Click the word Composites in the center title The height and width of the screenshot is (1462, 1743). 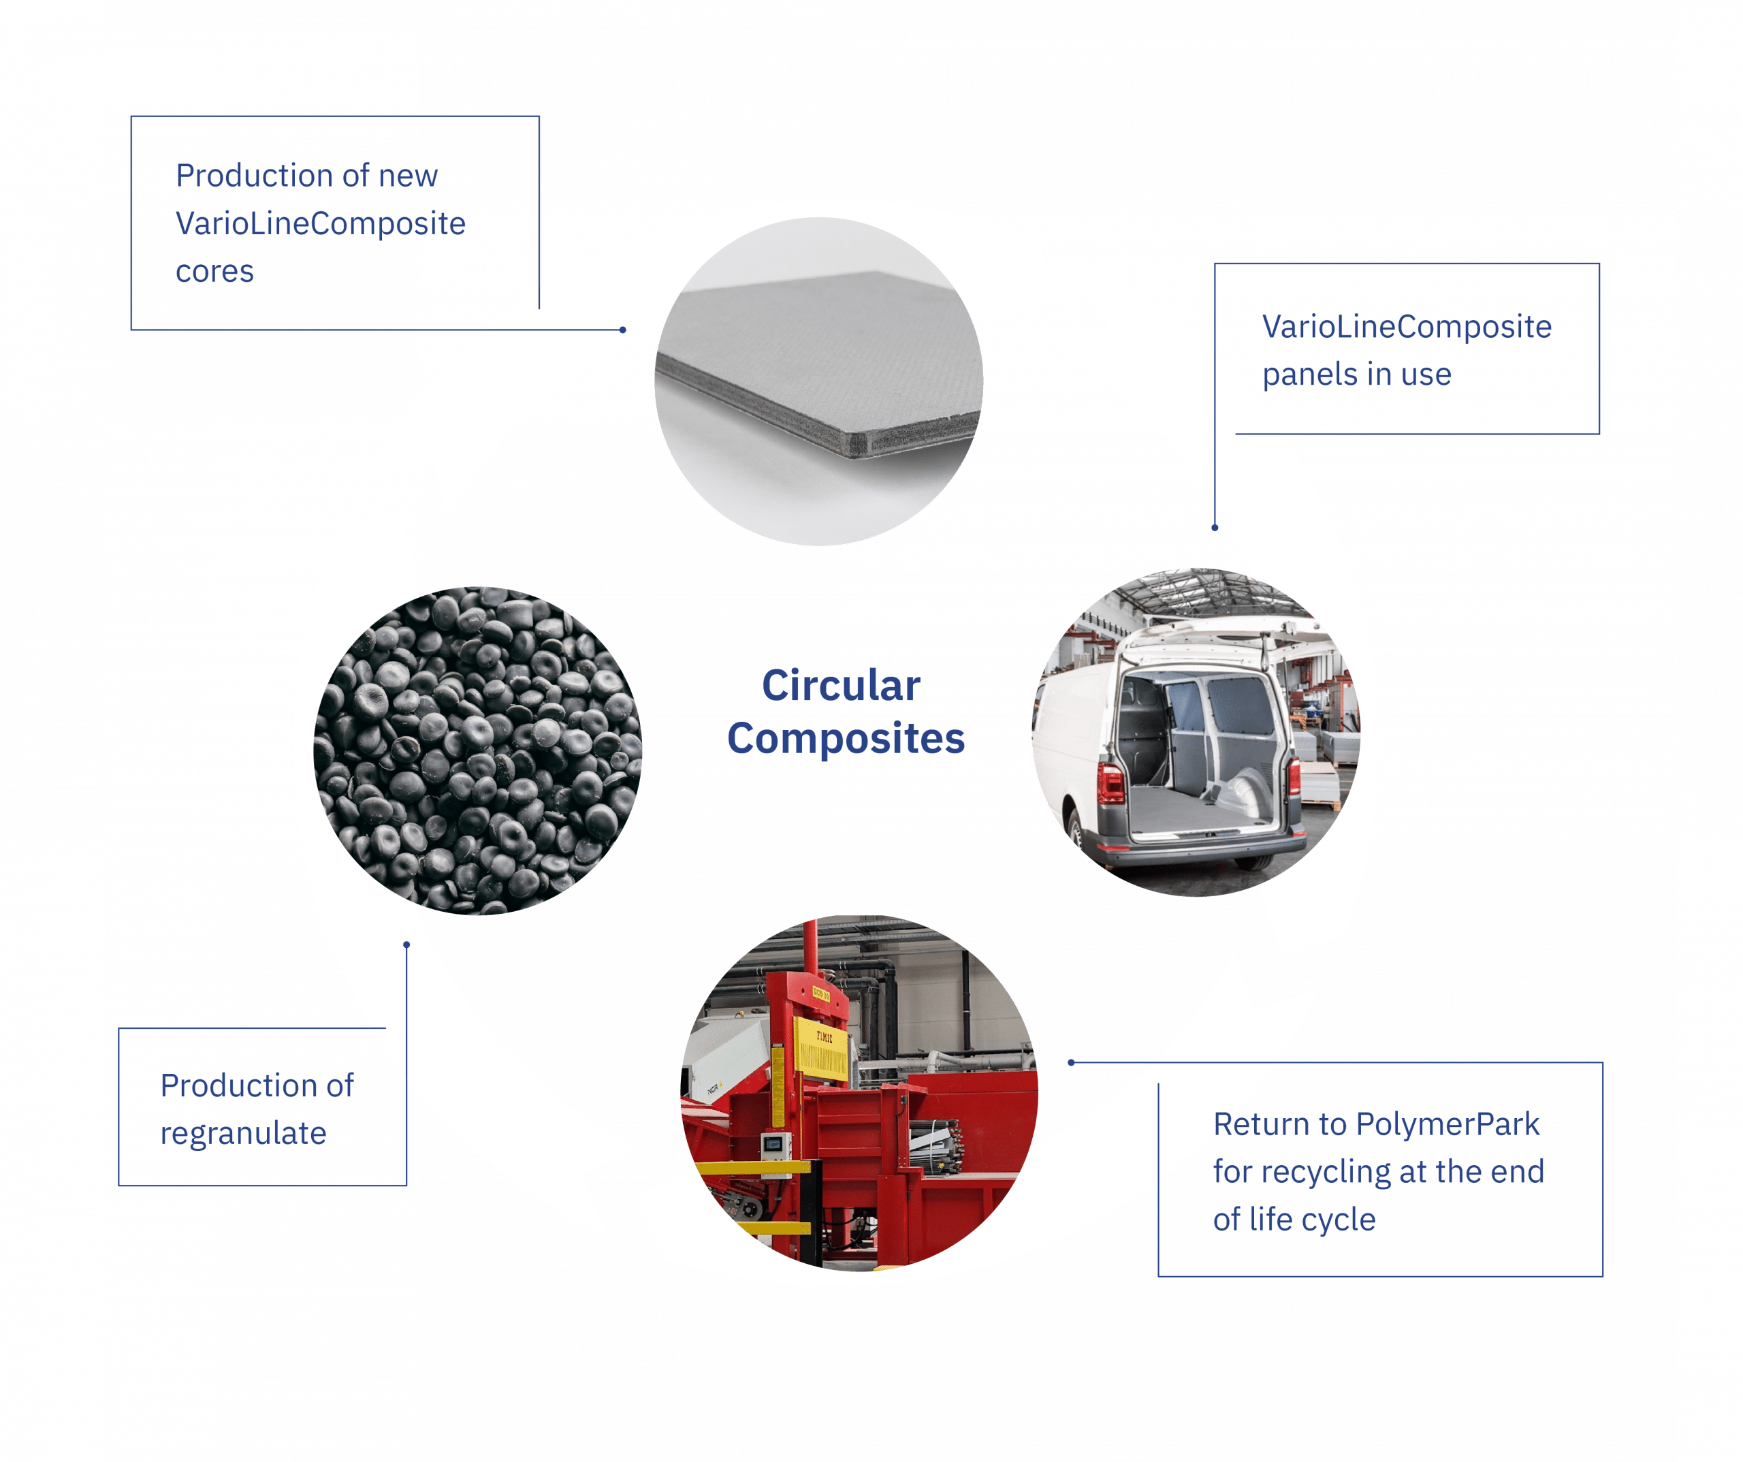[x=846, y=739]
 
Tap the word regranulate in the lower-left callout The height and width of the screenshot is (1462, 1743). [x=243, y=1133]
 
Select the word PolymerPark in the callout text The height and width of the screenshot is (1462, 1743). [x=1448, y=1125]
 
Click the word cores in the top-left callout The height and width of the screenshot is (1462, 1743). [x=215, y=272]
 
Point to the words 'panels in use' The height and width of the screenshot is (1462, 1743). [x=1357, y=375]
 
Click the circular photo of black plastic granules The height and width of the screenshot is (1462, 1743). [x=478, y=751]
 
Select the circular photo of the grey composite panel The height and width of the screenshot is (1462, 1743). [x=819, y=382]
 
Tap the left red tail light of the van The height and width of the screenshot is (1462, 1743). [x=1110, y=780]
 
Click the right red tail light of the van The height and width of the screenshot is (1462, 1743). [x=1294, y=776]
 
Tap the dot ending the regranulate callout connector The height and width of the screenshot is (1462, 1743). [x=406, y=944]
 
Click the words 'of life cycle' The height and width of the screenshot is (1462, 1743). [x=1295, y=1220]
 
